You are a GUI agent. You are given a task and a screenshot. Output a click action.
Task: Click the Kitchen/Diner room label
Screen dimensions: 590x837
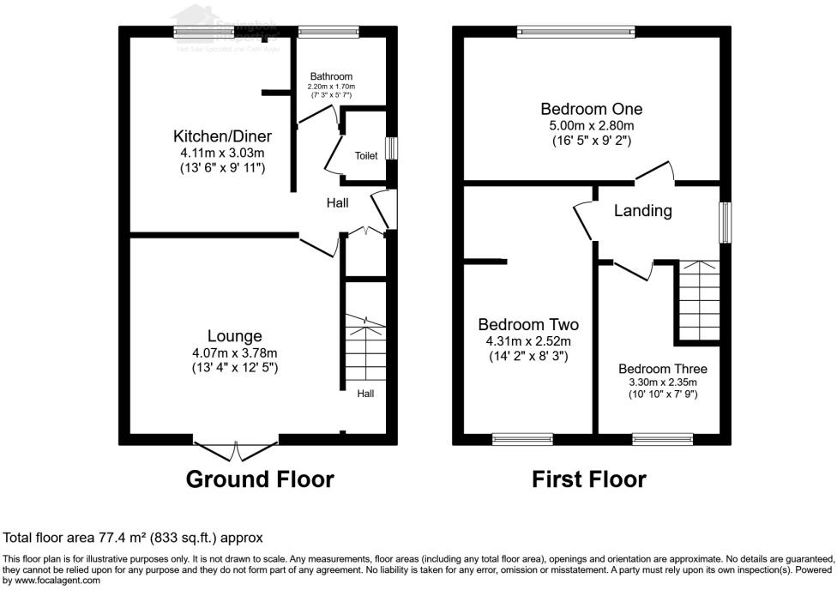pos(222,136)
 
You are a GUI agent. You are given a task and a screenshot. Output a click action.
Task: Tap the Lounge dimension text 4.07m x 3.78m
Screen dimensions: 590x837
pos(234,352)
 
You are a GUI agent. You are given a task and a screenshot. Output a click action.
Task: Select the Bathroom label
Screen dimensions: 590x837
pos(331,76)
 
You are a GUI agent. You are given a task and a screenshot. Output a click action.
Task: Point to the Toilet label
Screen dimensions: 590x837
pos(366,156)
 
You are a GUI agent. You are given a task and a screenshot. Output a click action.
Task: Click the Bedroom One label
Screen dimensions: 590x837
pos(591,109)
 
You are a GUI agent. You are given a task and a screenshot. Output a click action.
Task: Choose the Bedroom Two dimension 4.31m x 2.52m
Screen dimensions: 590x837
pos(527,340)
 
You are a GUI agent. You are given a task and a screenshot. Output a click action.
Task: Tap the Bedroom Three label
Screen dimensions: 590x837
pos(663,370)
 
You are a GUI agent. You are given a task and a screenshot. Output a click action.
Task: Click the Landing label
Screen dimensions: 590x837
pos(642,210)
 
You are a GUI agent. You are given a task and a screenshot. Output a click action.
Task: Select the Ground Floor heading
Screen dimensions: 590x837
pos(260,479)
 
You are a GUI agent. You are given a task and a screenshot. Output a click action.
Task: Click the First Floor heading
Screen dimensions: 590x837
pos(589,479)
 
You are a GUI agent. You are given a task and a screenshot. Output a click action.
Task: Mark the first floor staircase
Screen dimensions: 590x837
pos(700,300)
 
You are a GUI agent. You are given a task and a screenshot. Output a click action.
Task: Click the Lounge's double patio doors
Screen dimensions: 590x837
pos(237,447)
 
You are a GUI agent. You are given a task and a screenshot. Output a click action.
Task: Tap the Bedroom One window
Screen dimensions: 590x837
pos(576,33)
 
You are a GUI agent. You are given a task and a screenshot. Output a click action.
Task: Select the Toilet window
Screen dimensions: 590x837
pos(391,148)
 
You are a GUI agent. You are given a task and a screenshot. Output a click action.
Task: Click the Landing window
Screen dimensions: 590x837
pos(726,222)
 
